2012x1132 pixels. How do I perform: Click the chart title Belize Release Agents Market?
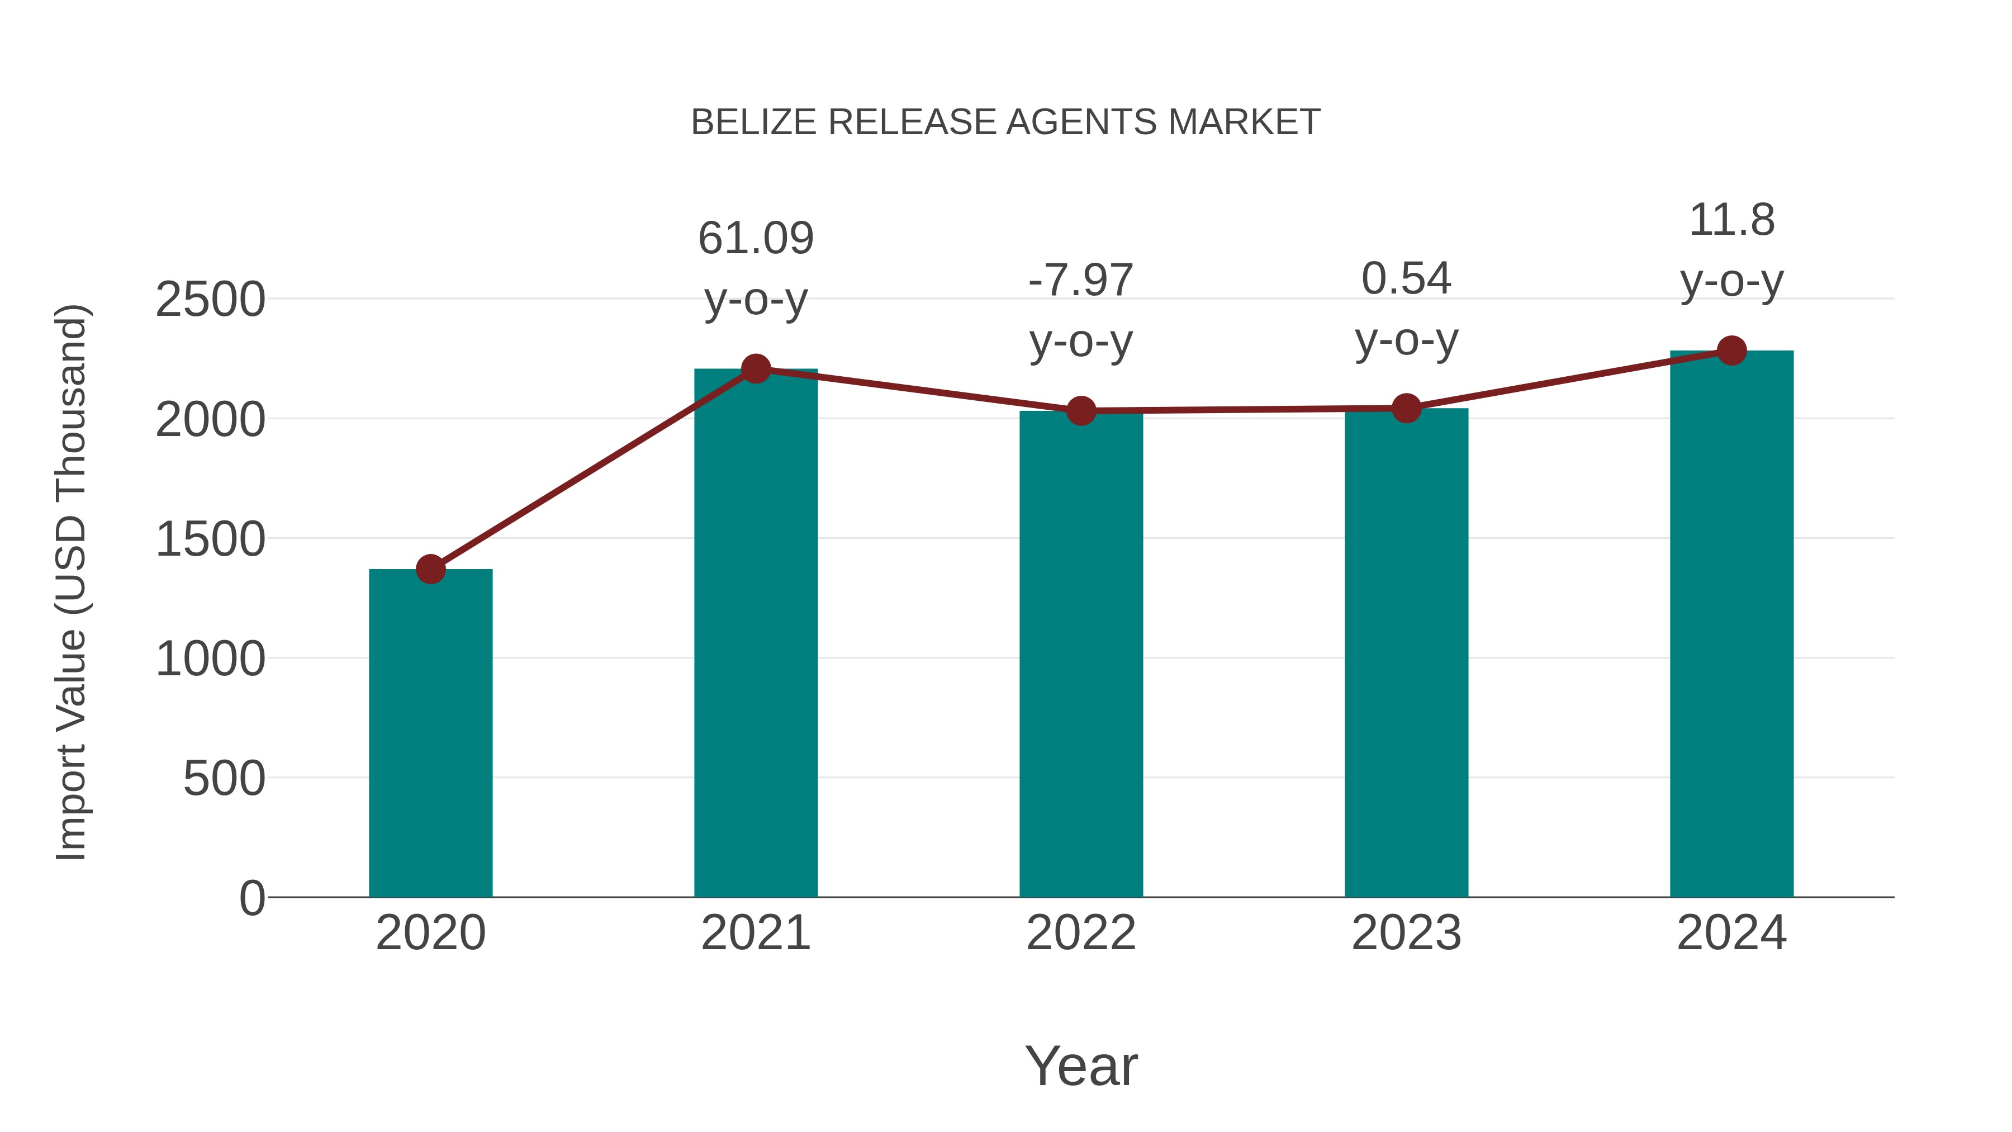[1005, 122]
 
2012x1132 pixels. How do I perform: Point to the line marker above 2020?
[430, 570]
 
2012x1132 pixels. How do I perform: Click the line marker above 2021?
[755, 369]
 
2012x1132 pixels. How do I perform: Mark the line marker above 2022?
[1081, 410]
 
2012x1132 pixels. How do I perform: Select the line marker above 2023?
[1406, 408]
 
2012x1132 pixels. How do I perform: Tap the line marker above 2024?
[1731, 351]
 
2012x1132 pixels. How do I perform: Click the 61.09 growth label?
[755, 238]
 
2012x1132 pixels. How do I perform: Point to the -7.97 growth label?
[1081, 281]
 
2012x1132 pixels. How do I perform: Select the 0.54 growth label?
[1406, 279]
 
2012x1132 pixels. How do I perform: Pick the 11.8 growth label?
[1731, 220]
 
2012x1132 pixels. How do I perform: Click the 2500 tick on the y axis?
[210, 299]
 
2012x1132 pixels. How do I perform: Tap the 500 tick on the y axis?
[224, 779]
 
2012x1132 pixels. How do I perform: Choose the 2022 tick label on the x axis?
[1081, 934]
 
